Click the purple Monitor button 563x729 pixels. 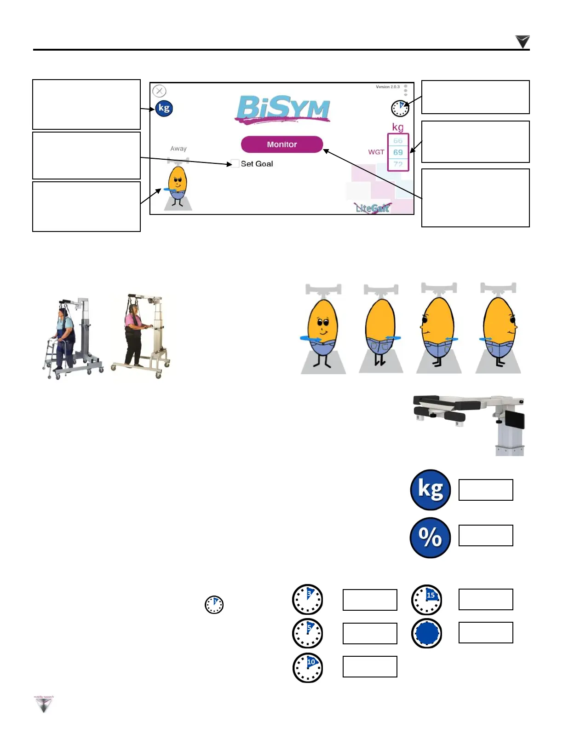[x=282, y=145]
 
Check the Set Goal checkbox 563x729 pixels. [x=235, y=163]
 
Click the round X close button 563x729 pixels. [x=159, y=91]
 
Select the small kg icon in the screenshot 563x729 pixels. [x=164, y=108]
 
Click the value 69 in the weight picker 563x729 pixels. [x=398, y=152]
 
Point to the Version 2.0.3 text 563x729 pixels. [x=387, y=87]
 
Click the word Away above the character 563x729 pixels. [x=178, y=149]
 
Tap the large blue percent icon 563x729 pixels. [x=430, y=538]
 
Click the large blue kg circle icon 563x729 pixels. [x=430, y=490]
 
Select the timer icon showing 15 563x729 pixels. [x=427, y=600]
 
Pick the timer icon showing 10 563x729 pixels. [x=308, y=667]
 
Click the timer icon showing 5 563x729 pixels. [x=308, y=633]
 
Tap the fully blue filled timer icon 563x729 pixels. [x=427, y=633]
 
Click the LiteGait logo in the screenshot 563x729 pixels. [x=373, y=208]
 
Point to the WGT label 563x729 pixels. [x=376, y=152]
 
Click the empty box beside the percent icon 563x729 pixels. [x=486, y=535]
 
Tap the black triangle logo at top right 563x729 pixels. [x=523, y=41]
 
